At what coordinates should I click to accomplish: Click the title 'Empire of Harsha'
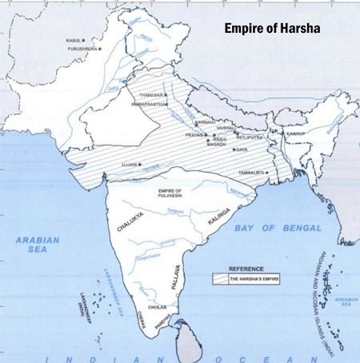(x=272, y=28)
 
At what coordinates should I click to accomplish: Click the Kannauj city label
(x=204, y=122)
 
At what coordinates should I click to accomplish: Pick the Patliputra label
(x=250, y=137)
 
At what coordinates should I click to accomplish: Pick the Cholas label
(x=157, y=306)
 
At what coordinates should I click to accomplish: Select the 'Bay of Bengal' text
(x=278, y=229)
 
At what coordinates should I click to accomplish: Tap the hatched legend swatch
(x=219, y=279)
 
